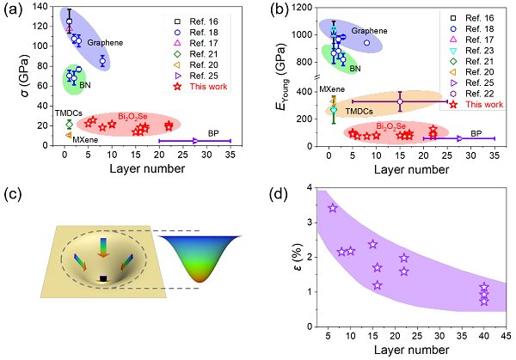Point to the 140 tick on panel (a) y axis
(46, 8)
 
